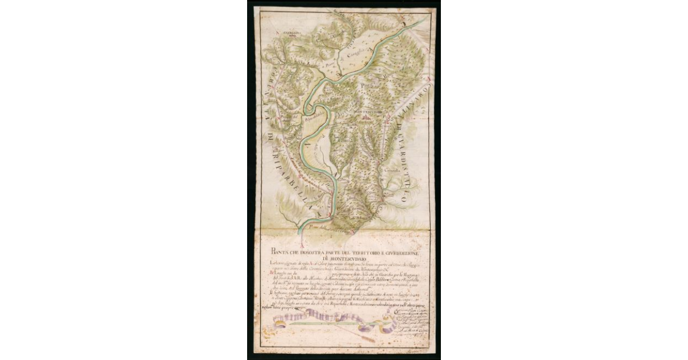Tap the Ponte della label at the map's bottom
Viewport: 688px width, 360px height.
click(x=316, y=228)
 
